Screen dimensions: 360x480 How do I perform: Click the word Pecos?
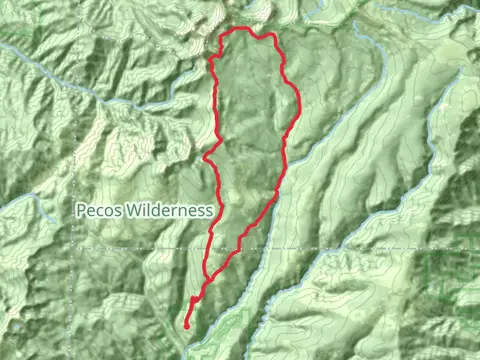[x=97, y=211]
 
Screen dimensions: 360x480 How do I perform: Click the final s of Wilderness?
[x=209, y=212]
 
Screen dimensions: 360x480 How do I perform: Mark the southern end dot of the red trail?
[x=187, y=324]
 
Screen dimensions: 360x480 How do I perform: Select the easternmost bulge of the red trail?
[x=299, y=100]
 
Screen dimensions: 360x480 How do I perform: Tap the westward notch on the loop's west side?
[x=205, y=157]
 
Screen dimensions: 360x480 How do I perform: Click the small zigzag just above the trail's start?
[x=193, y=300]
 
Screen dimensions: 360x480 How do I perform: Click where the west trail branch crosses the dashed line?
[x=209, y=248]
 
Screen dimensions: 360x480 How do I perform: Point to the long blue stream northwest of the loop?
[x=60, y=75]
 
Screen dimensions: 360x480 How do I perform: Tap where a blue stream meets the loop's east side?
[x=289, y=150]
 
